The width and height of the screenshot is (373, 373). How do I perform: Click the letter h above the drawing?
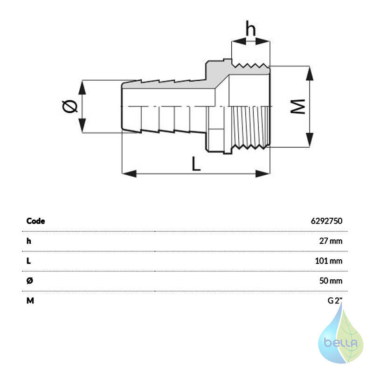click(250, 28)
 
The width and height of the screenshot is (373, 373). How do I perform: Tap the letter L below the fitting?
click(196, 164)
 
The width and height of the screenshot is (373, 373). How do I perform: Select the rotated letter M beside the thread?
click(298, 107)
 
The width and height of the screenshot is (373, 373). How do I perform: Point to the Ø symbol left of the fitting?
click(69, 106)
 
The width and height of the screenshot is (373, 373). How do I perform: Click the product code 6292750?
click(327, 221)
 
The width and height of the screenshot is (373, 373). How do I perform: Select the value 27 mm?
click(331, 241)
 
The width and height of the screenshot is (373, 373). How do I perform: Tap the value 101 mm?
click(329, 261)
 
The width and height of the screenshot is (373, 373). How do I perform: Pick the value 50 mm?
click(331, 281)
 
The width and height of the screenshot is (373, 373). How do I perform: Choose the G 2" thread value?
click(335, 301)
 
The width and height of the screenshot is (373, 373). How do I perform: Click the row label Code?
click(36, 221)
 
